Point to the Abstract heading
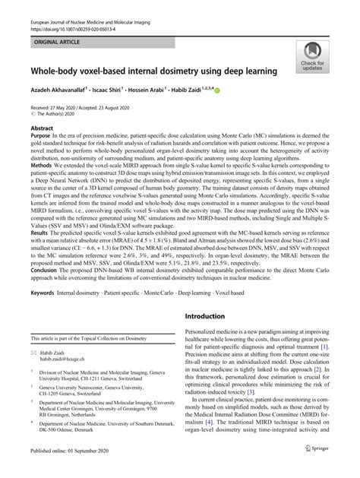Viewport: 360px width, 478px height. (x=42, y=128)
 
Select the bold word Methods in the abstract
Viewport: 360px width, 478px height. (x=43, y=185)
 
